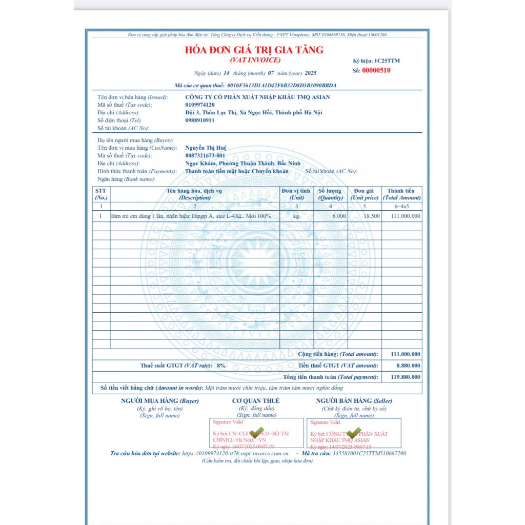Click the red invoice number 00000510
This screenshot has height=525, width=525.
(x=376, y=71)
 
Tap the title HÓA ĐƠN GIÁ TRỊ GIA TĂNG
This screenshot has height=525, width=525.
(x=254, y=50)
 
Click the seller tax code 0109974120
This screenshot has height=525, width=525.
(x=200, y=105)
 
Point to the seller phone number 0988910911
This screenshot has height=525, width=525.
(x=200, y=120)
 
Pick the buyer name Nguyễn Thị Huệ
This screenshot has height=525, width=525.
(x=206, y=148)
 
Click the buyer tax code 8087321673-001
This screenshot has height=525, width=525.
(x=205, y=156)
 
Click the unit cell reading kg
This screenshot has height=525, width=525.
(x=296, y=216)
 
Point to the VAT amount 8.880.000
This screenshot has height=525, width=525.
(x=409, y=366)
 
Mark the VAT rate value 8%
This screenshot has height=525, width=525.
(x=220, y=366)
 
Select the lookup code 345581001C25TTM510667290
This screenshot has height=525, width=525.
(x=369, y=454)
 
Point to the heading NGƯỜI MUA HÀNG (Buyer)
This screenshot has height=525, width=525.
(x=159, y=401)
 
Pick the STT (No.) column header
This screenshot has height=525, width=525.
(x=101, y=194)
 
